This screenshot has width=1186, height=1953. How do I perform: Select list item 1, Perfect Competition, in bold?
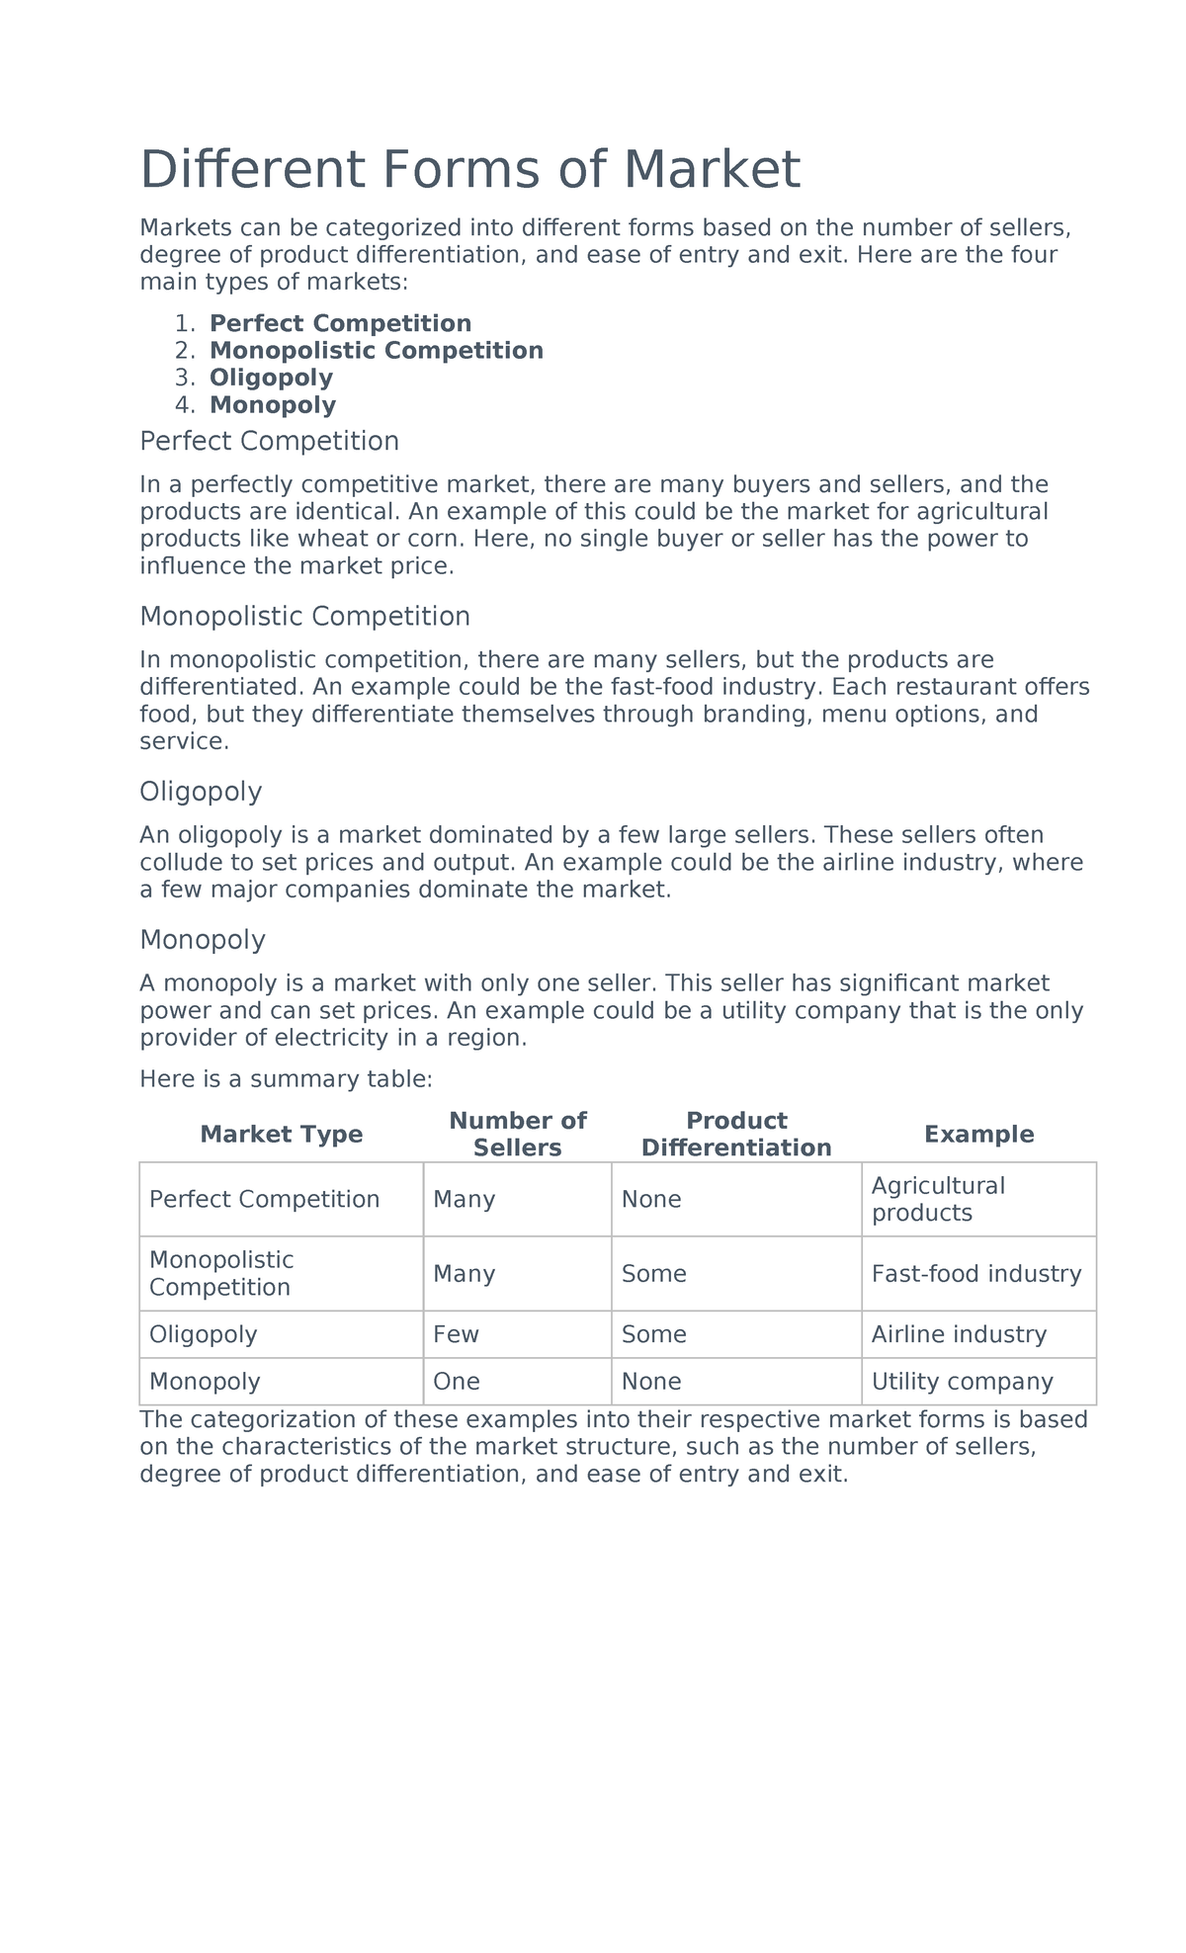click(340, 323)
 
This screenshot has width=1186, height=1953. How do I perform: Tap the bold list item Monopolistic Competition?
click(376, 351)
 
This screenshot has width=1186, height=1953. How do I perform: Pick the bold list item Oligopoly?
click(271, 378)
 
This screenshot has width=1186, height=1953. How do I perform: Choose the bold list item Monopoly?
click(273, 405)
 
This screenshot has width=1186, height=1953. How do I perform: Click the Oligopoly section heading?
click(201, 792)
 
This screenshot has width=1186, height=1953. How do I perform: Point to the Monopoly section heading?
click(203, 939)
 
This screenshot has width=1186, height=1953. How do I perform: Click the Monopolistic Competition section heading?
click(304, 617)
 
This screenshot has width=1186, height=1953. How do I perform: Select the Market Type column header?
click(281, 1135)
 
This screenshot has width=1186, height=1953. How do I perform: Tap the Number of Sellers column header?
click(517, 1134)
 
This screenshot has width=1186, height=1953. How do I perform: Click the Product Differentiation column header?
click(736, 1134)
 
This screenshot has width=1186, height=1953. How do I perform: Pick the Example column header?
click(978, 1135)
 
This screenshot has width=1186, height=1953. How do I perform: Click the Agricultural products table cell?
click(937, 1199)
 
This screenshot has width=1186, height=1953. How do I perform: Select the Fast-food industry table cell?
click(976, 1274)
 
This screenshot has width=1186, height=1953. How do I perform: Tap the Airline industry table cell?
click(959, 1334)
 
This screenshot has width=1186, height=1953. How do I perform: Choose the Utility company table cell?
click(962, 1382)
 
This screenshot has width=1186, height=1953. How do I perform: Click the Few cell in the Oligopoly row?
click(456, 1334)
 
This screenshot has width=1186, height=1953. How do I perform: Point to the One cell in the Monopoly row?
click(457, 1382)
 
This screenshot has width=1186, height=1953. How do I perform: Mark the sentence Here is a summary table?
click(286, 1079)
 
